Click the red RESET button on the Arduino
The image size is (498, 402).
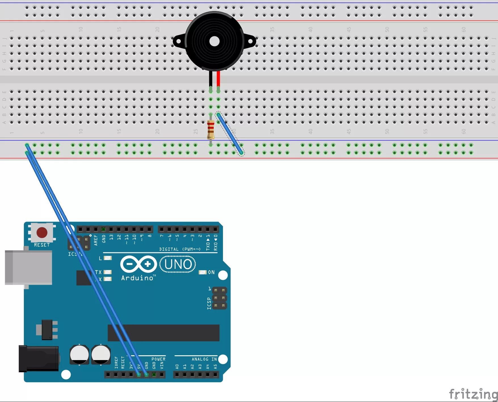pyautogui.click(x=42, y=233)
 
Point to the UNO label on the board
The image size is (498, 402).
pyautogui.click(x=178, y=264)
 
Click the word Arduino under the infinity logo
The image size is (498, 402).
pyautogui.click(x=137, y=278)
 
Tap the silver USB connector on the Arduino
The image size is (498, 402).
pyautogui.click(x=28, y=267)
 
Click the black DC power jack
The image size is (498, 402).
pyautogui.click(x=39, y=358)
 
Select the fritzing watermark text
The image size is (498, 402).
pyautogui.click(x=472, y=394)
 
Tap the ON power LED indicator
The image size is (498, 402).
pyautogui.click(x=203, y=272)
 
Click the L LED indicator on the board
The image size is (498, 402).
pyautogui.click(x=108, y=258)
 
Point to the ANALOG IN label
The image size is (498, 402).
pyautogui.click(x=204, y=359)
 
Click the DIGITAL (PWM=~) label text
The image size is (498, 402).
pyautogui.click(x=180, y=249)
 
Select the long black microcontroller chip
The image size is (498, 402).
pyautogui.click(x=163, y=333)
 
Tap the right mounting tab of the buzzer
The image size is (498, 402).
pyautogui.click(x=250, y=41)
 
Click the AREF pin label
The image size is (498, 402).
pyautogui.click(x=96, y=240)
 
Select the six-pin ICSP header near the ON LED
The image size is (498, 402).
pyautogui.click(x=219, y=298)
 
